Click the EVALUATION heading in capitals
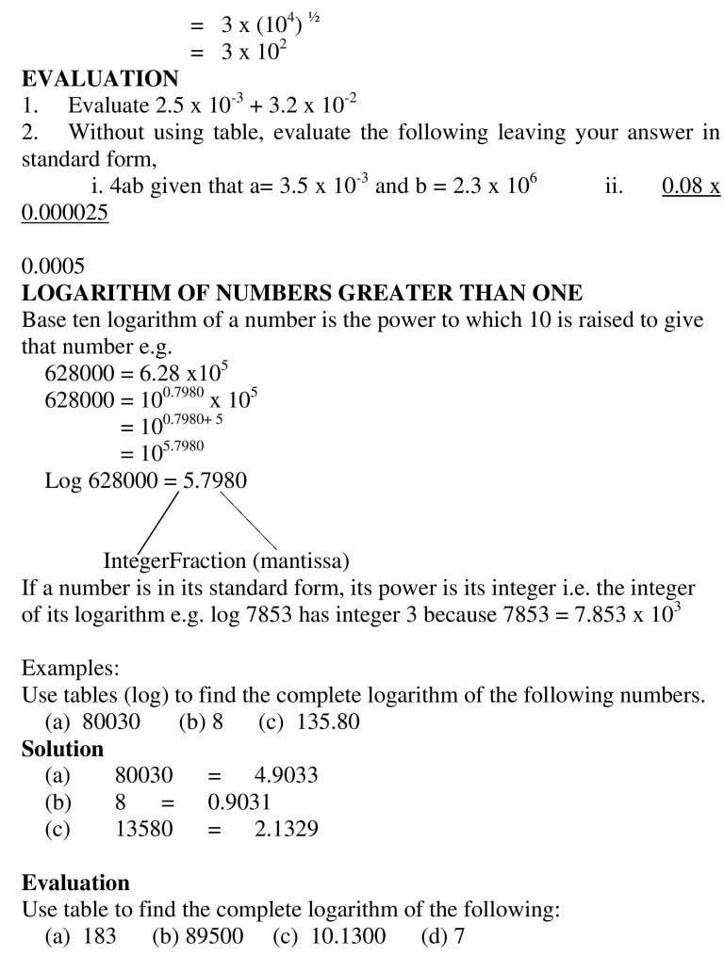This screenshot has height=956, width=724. pos(100,79)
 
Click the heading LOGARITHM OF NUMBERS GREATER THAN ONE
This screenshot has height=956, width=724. pos(302,293)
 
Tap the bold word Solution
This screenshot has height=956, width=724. pos(62,749)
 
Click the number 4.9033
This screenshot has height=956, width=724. pos(286,775)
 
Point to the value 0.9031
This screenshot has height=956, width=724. pos(239,802)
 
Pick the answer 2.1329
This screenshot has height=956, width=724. pos(286,829)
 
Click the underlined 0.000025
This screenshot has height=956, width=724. pos(65,213)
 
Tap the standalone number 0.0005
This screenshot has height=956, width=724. pos(53,267)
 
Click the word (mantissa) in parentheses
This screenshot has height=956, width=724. pos(301,561)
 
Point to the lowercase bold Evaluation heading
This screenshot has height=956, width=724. pos(75,883)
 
